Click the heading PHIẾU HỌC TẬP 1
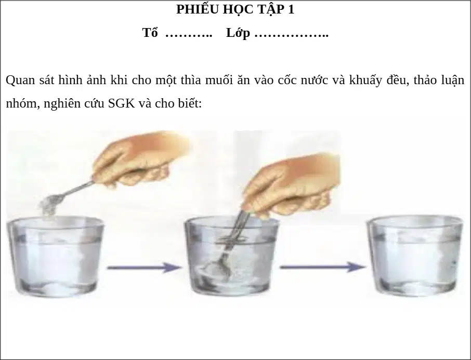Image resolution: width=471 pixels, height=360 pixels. pos(235,9)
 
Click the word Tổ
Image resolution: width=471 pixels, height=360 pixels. pos(150,33)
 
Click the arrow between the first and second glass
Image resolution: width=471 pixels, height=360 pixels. pos(144,267)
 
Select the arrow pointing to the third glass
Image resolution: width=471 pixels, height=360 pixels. pos(323,266)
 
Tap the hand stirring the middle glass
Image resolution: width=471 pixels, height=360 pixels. pos(291,187)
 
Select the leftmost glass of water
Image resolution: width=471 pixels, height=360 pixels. pos(55,257)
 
